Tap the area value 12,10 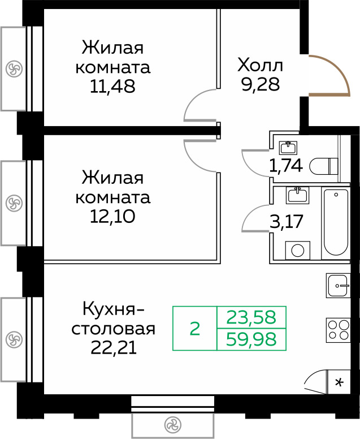(112, 216)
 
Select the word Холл (261, 64)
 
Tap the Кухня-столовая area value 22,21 (113, 346)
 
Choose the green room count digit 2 (195, 328)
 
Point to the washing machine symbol (297, 249)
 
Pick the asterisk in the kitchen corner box (339, 382)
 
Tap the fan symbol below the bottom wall (172, 425)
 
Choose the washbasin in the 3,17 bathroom (297, 196)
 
